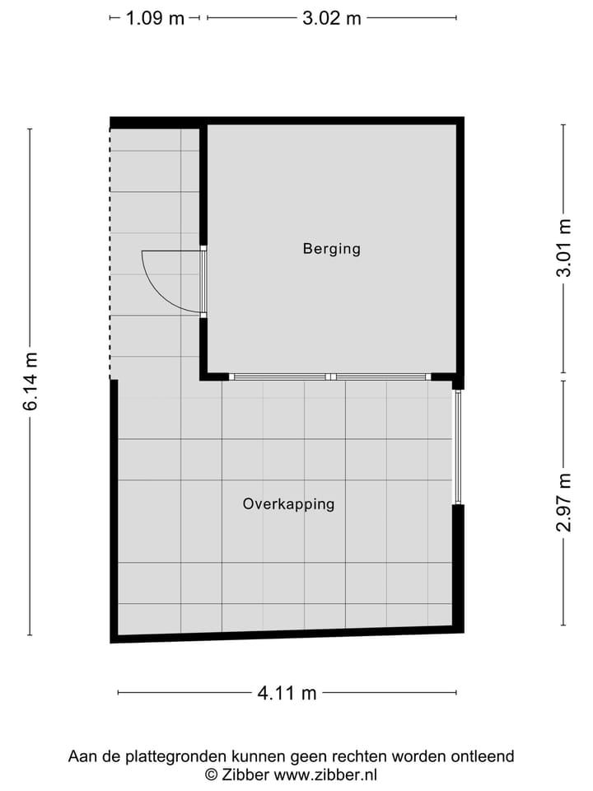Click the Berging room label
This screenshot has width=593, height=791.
(x=331, y=248)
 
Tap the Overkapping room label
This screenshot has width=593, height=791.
(x=288, y=503)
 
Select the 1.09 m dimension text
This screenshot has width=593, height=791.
(x=155, y=18)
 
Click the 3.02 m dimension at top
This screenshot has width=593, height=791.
(x=331, y=18)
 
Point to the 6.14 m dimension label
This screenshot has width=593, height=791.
(x=30, y=381)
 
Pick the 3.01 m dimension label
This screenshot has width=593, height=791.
(x=564, y=248)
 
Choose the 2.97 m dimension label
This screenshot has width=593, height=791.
(x=564, y=503)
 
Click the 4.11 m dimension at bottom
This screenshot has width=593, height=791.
(x=287, y=693)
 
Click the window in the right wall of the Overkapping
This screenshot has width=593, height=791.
(x=458, y=447)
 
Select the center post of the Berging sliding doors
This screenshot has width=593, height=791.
(x=330, y=377)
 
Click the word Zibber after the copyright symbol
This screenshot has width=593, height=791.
(x=245, y=774)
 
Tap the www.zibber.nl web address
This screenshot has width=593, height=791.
(x=325, y=774)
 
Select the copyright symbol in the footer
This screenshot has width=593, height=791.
(x=211, y=774)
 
